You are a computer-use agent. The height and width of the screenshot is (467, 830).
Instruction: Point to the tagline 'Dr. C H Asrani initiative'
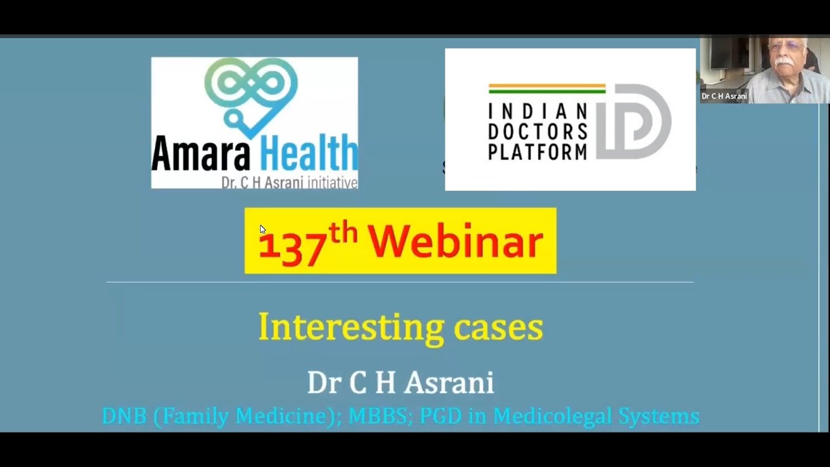[x=289, y=183]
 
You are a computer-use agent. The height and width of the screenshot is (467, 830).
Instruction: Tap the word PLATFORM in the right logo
[x=537, y=151]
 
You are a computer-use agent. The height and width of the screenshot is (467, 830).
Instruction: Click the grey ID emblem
[x=633, y=121]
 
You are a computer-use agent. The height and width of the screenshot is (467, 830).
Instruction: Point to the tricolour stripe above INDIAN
[x=546, y=88]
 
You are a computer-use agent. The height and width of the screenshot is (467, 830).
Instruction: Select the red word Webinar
[x=455, y=241]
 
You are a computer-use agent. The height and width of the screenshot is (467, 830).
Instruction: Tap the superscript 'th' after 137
[x=342, y=232]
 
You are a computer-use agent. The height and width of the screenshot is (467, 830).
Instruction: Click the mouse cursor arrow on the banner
[x=262, y=229]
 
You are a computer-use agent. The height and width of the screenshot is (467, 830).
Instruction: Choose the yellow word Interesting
[x=350, y=327]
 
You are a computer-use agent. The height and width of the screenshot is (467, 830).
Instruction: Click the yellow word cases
[x=498, y=328]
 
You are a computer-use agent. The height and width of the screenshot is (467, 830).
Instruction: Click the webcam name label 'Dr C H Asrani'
[x=724, y=96]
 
